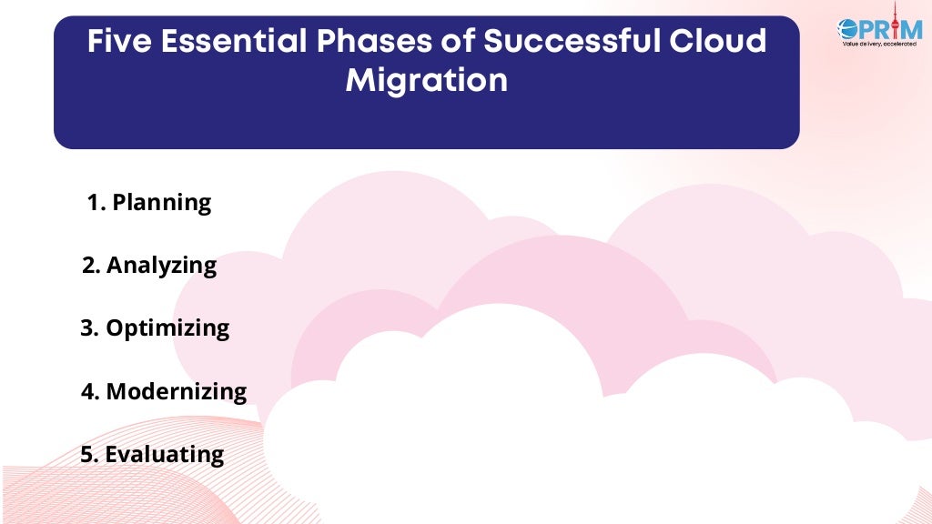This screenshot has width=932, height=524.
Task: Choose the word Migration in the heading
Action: pos(426,81)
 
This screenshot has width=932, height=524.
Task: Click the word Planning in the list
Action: pos(161,203)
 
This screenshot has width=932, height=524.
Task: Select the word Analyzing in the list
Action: pos(161,266)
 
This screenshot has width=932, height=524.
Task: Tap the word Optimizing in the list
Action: pos(167,328)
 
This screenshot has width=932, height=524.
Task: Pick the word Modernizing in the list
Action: pos(176,392)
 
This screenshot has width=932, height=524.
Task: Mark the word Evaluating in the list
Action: pos(164,455)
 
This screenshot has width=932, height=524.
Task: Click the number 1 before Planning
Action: pos(95,203)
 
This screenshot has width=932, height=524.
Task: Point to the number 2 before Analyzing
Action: pos(88,266)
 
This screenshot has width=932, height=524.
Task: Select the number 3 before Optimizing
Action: pos(87,328)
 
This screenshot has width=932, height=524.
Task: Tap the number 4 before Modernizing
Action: pos(87,392)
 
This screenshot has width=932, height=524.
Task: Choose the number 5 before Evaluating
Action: pos(87,455)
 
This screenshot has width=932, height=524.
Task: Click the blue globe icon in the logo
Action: pos(849,28)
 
